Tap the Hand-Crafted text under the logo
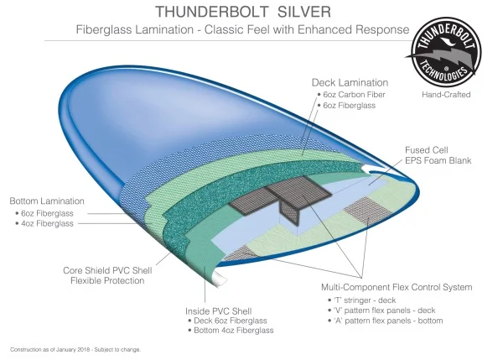point(447,95)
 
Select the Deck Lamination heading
point(350,83)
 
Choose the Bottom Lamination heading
point(47,201)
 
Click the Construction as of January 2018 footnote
point(75,349)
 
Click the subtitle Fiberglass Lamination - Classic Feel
point(235,29)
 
